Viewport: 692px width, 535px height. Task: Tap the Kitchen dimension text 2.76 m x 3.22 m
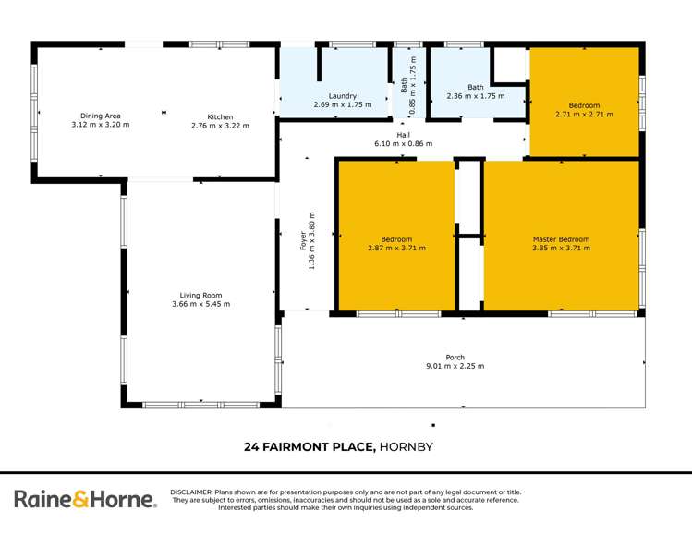coord(220,126)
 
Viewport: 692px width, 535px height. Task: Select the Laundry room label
coord(342,96)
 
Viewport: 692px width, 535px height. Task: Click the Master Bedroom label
coord(560,239)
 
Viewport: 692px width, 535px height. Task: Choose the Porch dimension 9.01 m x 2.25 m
coord(455,366)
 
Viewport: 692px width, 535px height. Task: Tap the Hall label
coord(403,135)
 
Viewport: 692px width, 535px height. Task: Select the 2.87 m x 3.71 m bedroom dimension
coord(395,248)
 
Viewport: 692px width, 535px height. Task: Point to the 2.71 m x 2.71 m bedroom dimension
coord(584,115)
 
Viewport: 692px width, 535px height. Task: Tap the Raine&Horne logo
coord(85,500)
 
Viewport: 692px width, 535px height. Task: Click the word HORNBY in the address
coord(407,447)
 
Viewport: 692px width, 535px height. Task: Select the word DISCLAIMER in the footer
coord(192,492)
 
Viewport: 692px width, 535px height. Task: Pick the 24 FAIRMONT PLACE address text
coord(309,447)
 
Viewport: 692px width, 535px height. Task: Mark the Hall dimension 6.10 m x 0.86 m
coord(403,144)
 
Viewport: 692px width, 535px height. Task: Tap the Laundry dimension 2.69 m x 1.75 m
coord(342,105)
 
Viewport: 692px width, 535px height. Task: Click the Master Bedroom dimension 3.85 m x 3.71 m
coord(560,248)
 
